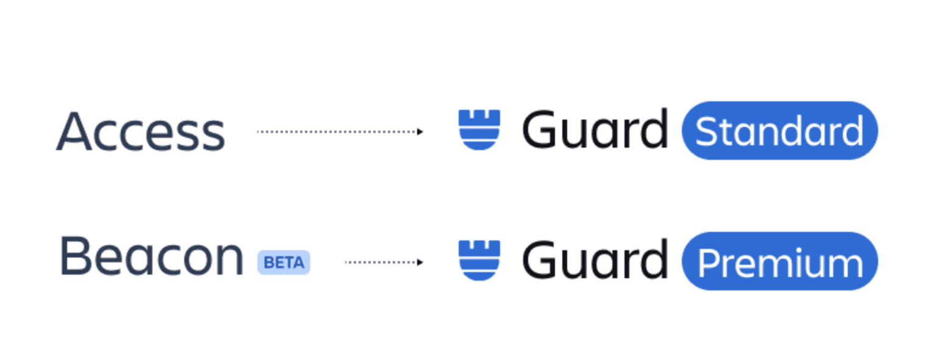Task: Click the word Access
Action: pos(140,132)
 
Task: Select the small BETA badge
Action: pos(284,262)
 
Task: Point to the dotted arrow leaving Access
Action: pos(338,131)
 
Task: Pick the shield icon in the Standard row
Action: pos(479,129)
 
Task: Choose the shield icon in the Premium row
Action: pos(479,260)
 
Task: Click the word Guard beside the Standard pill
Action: pos(595,130)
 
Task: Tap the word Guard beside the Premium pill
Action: pos(595,261)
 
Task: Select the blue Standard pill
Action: pos(779,131)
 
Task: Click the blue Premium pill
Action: pos(779,261)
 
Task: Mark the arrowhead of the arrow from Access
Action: pos(420,131)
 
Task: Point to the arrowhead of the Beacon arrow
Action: pos(420,262)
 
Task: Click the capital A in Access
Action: pos(73,132)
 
